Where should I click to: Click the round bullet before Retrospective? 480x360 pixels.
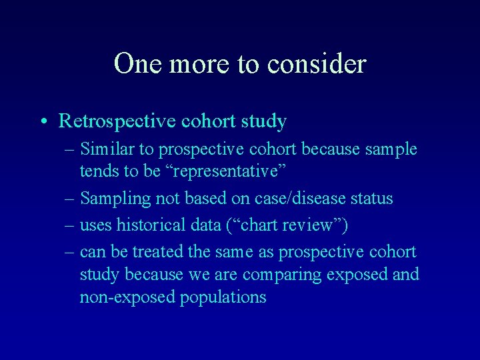pos(43,122)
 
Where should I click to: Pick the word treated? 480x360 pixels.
pos(157,252)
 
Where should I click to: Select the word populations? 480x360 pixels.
pos(223,297)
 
